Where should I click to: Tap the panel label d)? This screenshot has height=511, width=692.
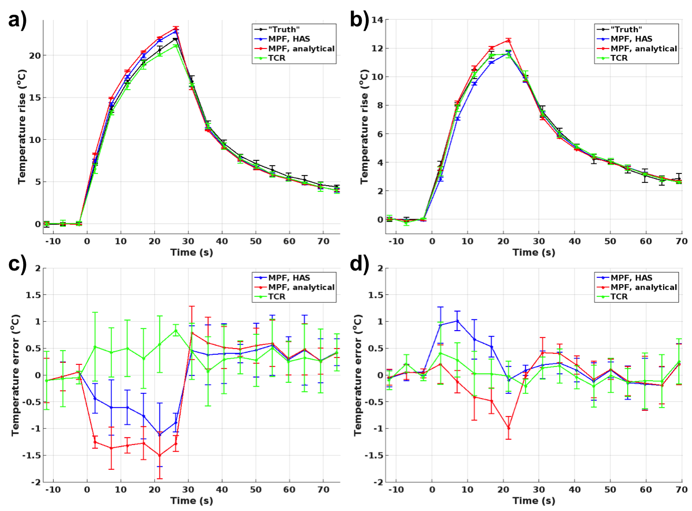359,262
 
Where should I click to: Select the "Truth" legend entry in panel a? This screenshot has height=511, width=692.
284,30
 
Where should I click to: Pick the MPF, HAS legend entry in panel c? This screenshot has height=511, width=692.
289,278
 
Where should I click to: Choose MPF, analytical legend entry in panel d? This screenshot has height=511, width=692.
644,287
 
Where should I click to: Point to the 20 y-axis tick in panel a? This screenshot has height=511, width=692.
34,55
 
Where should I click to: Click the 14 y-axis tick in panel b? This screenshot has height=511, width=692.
377,20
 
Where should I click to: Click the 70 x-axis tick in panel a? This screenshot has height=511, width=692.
323,241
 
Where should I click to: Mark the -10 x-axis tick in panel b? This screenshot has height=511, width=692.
396,241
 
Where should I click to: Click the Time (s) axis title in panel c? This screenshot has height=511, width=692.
191,500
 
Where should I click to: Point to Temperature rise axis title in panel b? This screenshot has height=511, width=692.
364,127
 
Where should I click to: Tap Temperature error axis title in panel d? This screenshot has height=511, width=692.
358,375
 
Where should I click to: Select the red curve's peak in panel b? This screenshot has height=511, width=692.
509,40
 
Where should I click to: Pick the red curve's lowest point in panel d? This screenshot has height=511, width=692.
509,428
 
